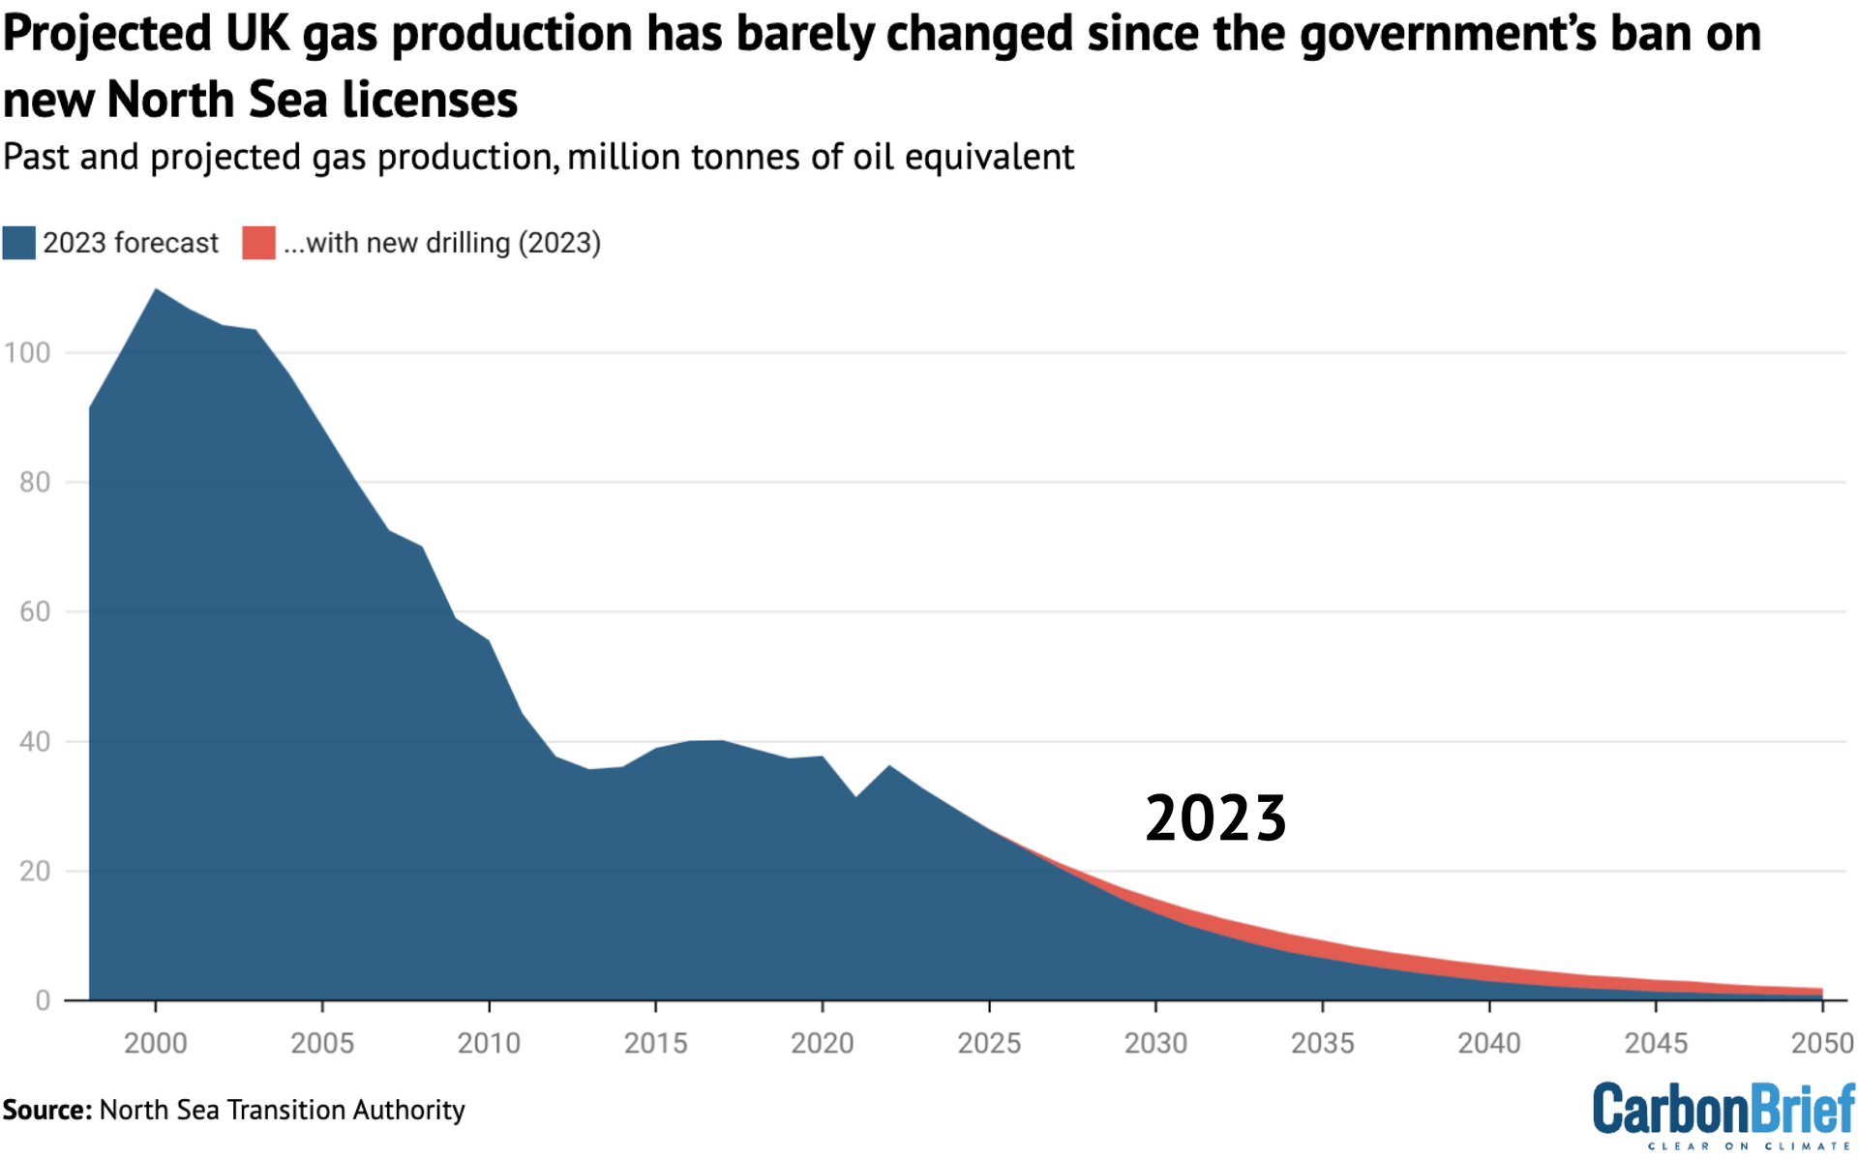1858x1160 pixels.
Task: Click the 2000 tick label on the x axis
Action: coord(155,1043)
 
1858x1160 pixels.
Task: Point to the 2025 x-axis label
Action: coord(989,1043)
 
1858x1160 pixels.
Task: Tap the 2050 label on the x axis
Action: coord(1822,1043)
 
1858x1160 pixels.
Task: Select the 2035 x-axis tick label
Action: coord(1322,1043)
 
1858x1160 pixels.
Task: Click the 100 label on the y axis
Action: coord(27,352)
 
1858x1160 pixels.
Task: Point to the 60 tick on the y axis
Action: coord(35,611)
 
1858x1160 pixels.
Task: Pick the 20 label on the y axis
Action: coord(35,871)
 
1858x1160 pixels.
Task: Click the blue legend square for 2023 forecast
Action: coord(18,243)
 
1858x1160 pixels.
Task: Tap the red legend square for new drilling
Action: coord(258,243)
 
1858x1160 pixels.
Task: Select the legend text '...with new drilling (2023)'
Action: coord(441,243)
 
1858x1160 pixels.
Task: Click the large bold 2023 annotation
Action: coord(1215,818)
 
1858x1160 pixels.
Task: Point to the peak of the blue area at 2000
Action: coord(156,289)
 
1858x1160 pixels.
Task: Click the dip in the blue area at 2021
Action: coord(855,796)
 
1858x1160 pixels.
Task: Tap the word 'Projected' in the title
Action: coord(107,34)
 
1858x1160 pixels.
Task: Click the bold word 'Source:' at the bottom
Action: coord(46,1110)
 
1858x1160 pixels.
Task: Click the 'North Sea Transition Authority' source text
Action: coord(282,1110)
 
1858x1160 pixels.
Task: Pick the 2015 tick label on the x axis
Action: coord(655,1043)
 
